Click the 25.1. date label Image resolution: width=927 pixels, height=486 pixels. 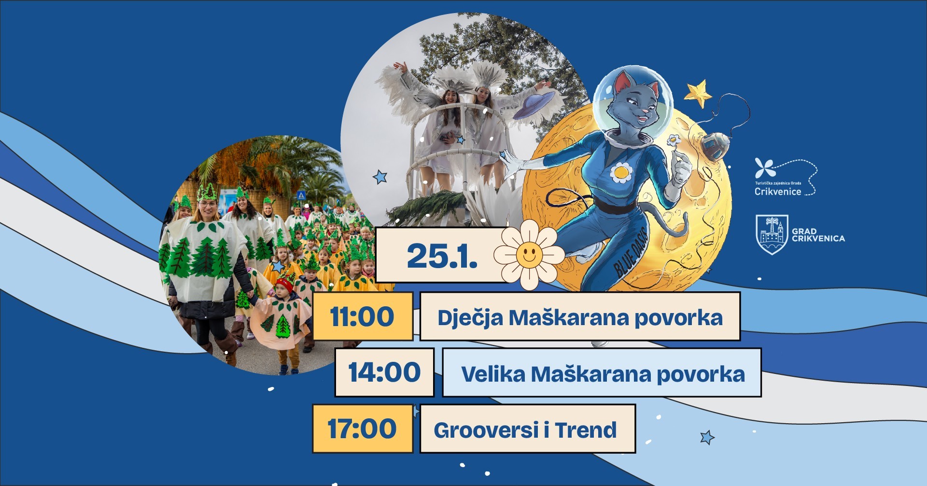tap(442, 256)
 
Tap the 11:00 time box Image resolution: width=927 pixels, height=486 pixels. tap(363, 316)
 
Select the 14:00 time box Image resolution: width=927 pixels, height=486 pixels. tap(384, 372)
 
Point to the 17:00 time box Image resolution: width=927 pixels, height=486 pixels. tap(363, 429)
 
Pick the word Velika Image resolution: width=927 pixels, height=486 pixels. tap(493, 374)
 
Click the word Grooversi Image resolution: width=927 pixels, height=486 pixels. tap(486, 430)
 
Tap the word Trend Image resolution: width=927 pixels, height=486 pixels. tap(586, 430)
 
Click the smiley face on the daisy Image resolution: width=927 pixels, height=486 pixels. tap(529, 255)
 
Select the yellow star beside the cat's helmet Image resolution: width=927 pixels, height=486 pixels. tap(698, 93)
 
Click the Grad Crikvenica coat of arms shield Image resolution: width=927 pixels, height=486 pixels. tap(772, 234)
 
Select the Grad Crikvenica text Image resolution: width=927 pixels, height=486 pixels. tap(818, 235)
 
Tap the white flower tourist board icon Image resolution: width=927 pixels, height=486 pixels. tap(765, 168)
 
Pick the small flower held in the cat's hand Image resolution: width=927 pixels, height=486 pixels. tap(674, 141)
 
